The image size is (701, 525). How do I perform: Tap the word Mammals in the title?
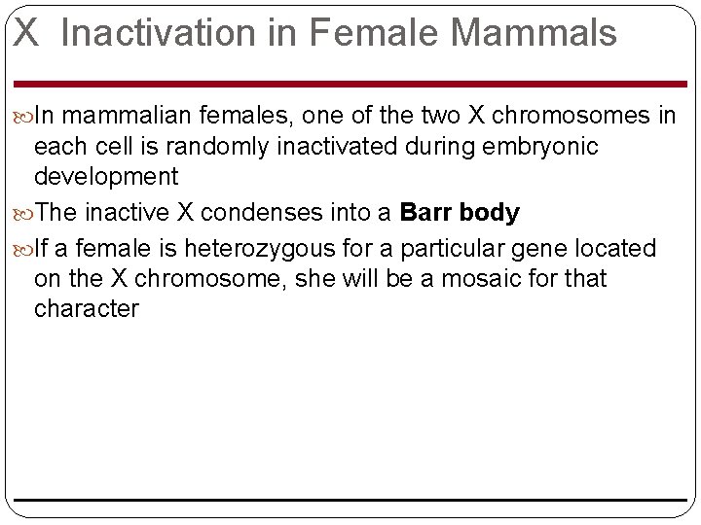(533, 33)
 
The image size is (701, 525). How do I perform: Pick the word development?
(106, 176)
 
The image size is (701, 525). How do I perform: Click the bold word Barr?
(425, 212)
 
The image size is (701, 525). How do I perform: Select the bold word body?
(489, 212)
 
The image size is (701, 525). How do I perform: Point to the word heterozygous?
(262, 249)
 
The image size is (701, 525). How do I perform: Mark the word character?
(87, 309)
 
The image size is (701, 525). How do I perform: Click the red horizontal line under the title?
(350, 84)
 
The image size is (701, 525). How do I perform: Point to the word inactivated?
(335, 146)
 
